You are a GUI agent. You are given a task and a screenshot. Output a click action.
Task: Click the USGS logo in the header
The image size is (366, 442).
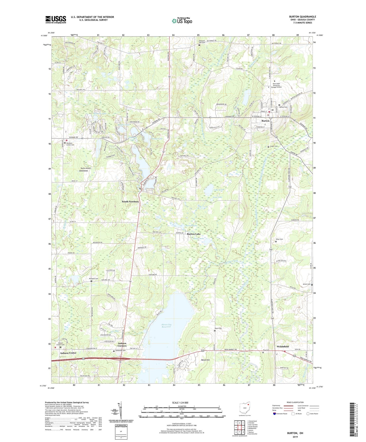56,19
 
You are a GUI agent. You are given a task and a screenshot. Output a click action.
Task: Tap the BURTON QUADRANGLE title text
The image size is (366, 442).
302,17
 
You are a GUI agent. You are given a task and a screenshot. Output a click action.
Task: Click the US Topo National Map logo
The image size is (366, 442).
182,21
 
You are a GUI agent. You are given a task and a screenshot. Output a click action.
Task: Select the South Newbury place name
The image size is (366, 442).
130,202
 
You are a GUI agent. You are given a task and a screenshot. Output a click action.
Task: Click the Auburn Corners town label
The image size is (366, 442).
122,345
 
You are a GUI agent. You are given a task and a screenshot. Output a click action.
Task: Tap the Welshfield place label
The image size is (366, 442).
282,347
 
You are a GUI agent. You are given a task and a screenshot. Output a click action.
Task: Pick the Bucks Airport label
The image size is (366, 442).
86,168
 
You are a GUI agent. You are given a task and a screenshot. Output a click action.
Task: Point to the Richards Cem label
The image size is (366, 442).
93,279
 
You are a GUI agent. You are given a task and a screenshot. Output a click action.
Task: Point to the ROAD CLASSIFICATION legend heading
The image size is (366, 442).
295,402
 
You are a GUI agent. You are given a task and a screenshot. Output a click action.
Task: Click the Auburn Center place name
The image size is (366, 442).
68,353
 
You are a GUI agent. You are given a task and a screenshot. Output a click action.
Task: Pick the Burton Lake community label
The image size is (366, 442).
194,234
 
